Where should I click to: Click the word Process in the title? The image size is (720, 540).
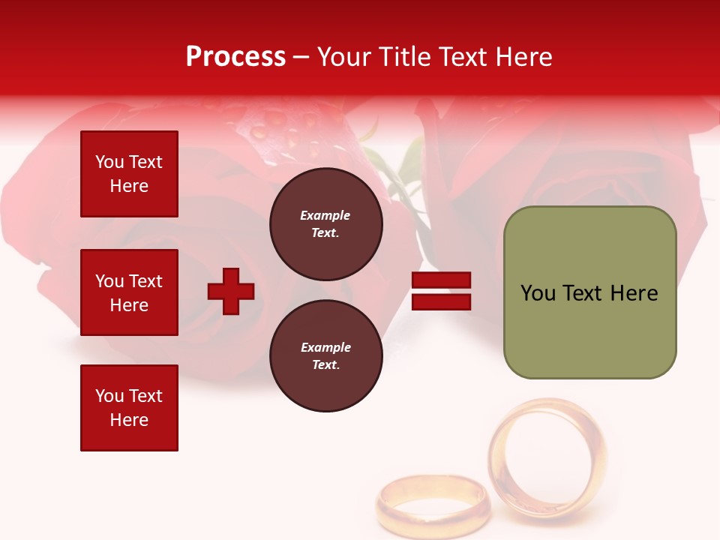(235, 57)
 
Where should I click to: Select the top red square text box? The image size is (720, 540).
(129, 174)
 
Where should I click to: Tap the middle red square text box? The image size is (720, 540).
(129, 292)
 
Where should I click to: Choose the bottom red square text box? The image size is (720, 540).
(129, 408)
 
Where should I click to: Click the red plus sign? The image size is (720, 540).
(231, 290)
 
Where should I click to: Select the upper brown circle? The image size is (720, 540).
(325, 223)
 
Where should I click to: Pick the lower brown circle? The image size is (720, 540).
(325, 355)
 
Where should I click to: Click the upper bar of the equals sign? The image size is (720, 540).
(441, 280)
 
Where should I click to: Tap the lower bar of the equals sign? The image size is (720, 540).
(441, 301)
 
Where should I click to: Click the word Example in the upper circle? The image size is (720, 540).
(325, 215)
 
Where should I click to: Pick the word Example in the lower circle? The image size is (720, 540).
(325, 347)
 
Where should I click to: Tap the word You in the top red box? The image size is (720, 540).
(109, 162)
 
